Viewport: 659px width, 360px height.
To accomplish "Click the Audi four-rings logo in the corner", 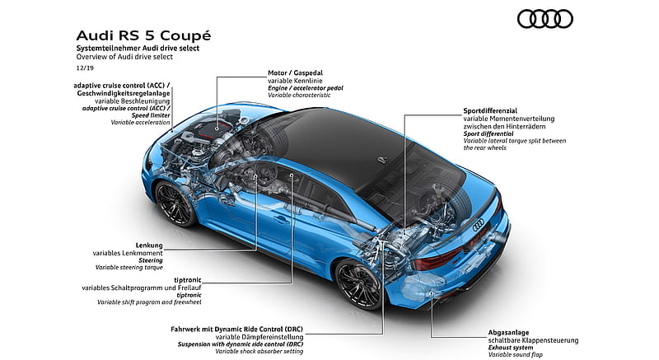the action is [545, 19].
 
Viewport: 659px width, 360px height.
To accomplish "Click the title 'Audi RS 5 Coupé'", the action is [143, 35].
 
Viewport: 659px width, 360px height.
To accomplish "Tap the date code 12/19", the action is [85, 68].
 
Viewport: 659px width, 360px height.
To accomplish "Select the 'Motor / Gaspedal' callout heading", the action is [296, 72].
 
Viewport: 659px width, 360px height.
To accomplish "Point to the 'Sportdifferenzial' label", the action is [490, 111].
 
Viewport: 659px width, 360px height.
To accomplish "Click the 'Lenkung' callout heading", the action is [149, 245].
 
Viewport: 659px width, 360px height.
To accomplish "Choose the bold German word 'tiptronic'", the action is [188, 280].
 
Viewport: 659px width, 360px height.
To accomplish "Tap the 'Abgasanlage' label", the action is [508, 333].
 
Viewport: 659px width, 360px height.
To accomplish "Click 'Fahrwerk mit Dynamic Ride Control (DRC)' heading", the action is [236, 330].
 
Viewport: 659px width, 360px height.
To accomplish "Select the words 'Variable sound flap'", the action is [516, 355].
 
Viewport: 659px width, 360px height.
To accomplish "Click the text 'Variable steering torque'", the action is [129, 268].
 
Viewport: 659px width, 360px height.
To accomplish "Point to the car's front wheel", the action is [174, 203].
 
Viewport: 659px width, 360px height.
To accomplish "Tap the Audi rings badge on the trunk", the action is [479, 225].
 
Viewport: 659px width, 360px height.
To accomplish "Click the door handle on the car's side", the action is [281, 220].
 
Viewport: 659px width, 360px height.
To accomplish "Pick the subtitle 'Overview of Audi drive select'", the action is [124, 57].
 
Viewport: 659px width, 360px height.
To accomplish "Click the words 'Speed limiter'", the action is [151, 115].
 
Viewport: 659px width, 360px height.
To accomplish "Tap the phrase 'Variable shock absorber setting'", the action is [259, 352].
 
